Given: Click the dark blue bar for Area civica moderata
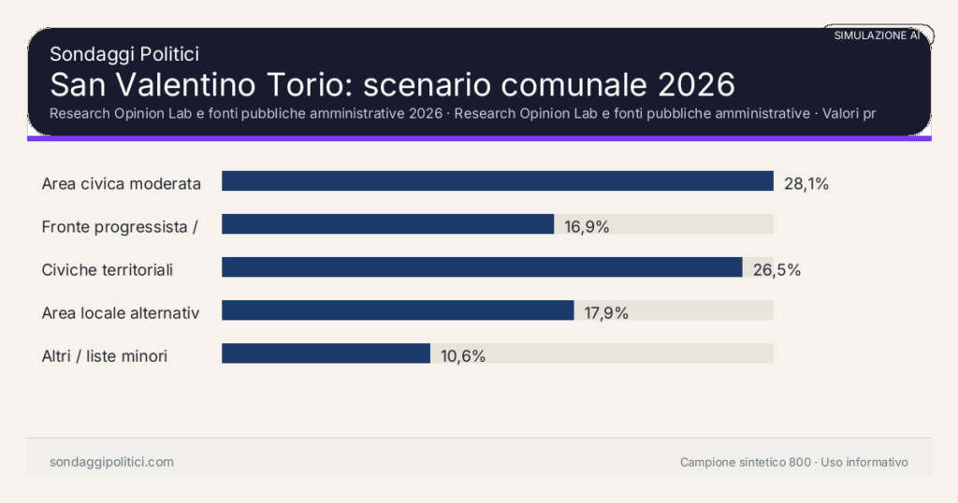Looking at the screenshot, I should click(497, 181).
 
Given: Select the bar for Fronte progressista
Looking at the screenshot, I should click(387, 224).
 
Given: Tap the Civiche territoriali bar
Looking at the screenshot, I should click(482, 267).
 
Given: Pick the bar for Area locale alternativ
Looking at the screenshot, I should click(398, 310).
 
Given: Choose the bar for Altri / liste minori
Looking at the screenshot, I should click(326, 353).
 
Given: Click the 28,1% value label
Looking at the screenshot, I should click(806, 183).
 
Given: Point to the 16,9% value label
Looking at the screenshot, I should click(587, 226).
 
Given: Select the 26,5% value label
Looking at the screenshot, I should click(777, 269).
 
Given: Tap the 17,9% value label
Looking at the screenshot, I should click(606, 312).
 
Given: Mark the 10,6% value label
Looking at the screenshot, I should click(462, 355).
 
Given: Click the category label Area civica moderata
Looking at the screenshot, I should click(122, 183).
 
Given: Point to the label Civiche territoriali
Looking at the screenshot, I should click(108, 269).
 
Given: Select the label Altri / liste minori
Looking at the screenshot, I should click(105, 355).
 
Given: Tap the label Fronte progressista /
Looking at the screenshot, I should click(119, 226).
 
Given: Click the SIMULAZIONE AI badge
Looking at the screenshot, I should click(878, 36).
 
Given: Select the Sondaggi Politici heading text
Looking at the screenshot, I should click(124, 54).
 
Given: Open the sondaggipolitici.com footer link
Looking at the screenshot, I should click(111, 462).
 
